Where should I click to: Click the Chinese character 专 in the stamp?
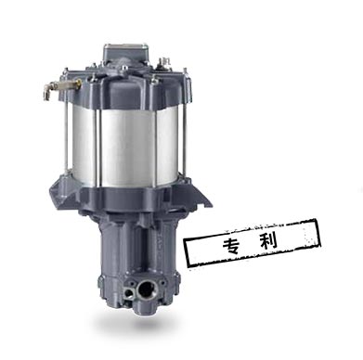(231, 245)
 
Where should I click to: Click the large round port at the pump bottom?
(148, 289)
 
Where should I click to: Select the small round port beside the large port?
(128, 292)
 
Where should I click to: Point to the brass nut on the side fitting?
(77, 83)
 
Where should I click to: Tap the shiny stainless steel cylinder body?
(125, 146)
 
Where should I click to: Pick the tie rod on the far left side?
(65, 123)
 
